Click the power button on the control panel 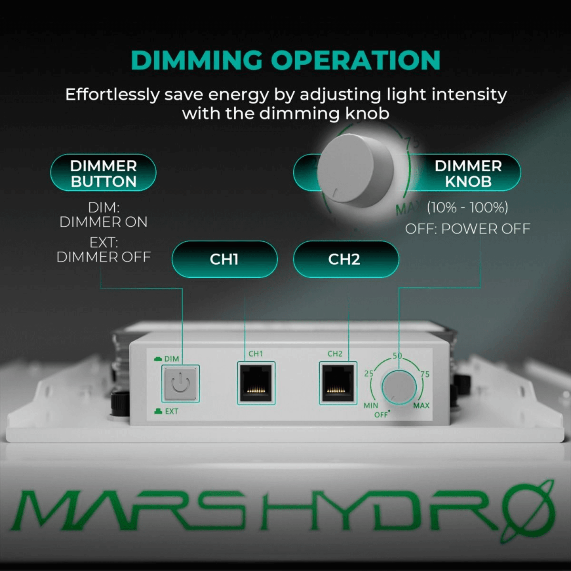[180, 383]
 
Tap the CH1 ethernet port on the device [256, 383]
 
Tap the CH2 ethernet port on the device [337, 383]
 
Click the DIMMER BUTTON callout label [103, 173]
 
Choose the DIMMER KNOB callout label [468, 173]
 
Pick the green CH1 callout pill [224, 259]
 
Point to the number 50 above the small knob [397, 356]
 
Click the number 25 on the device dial [369, 374]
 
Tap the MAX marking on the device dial [421, 405]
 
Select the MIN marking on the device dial [371, 405]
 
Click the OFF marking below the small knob [381, 414]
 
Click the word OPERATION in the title [355, 60]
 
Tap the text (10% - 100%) [467, 207]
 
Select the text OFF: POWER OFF [467, 229]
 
